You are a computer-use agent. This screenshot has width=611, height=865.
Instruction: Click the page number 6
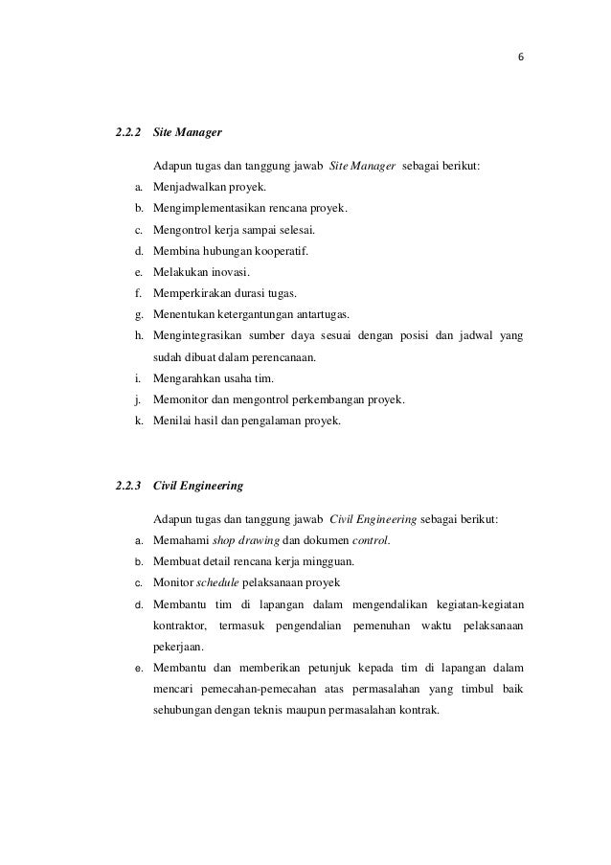click(520, 56)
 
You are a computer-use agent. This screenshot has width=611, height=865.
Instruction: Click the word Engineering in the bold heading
click(209, 486)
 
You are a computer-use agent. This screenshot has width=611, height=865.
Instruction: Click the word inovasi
click(227, 272)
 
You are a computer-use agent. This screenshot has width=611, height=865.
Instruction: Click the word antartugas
click(316, 314)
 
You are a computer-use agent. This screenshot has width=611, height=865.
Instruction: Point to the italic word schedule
click(215, 583)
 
